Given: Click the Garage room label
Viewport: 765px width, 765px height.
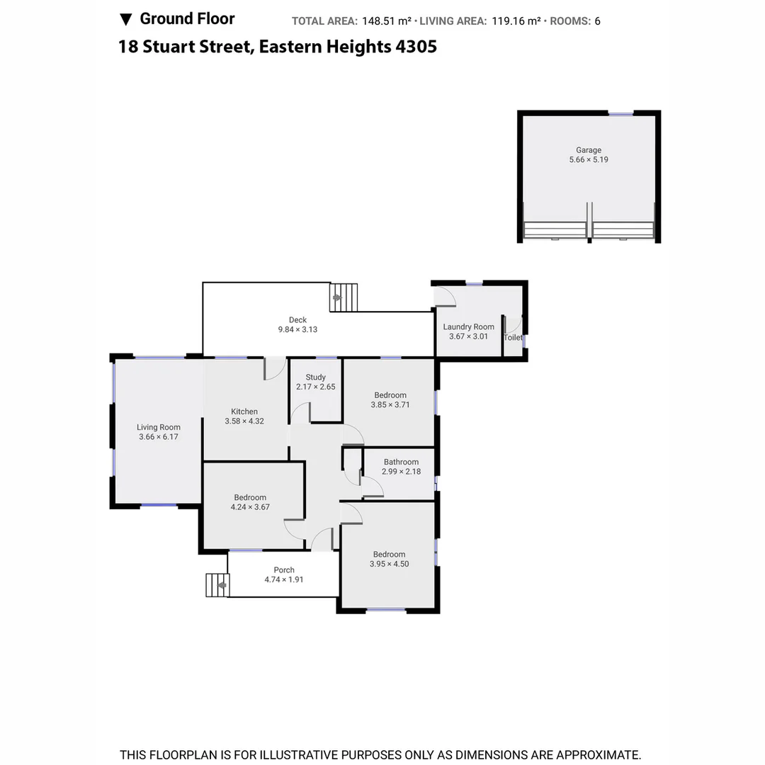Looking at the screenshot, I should pos(588,150).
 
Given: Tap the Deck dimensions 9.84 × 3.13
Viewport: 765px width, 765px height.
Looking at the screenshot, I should pos(297,329).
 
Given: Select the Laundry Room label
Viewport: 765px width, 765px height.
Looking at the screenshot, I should pos(468,327).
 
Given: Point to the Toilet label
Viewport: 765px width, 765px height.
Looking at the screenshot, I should pos(513,338).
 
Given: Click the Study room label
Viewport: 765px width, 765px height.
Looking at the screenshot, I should pos(315,378).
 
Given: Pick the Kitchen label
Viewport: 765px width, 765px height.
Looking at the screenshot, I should pos(244,412).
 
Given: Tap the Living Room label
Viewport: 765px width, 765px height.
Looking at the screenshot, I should pos(159,427).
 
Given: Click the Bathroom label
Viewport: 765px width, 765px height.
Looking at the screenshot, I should pos(401,462).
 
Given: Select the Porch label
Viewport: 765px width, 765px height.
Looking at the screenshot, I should pos(284,570).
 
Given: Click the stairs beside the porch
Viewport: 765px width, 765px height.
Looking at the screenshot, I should pos(217,585).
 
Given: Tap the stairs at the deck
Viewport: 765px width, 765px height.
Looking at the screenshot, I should pos(345,297).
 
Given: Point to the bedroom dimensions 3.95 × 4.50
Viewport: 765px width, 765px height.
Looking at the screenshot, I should pos(389,564).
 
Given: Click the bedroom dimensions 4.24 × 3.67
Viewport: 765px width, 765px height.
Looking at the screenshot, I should pos(250,507).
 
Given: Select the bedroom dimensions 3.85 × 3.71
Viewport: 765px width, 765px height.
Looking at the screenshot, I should pos(390,404).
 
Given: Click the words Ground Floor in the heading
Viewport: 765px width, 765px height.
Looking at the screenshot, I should pos(187,19).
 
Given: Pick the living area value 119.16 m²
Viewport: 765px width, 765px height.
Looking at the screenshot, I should pos(515,21).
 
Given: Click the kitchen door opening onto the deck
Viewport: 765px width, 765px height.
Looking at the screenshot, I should pos(274,368).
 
